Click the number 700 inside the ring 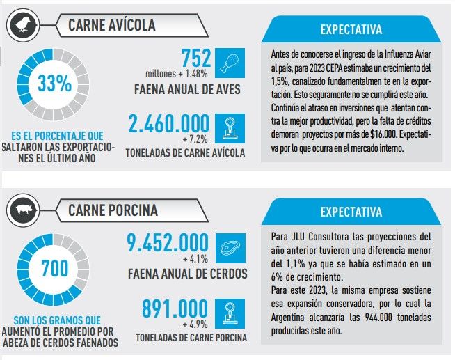54,268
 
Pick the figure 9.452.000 168,243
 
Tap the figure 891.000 175,308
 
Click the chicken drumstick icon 228,62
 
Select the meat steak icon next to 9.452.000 228,246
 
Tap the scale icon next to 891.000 228,311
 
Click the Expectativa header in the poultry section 351,30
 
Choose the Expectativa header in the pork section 351,212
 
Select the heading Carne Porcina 113,210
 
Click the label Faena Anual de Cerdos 187,274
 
